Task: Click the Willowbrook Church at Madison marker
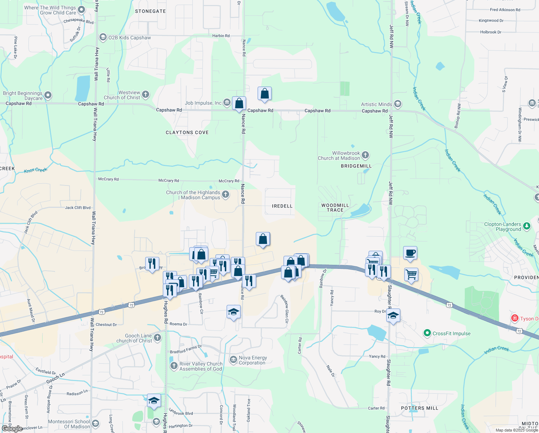coord(365,156)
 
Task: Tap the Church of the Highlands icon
coord(226,195)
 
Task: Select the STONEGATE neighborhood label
coord(150,11)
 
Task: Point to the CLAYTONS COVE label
coord(187,132)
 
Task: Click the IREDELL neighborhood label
coord(282,206)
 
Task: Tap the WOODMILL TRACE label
coord(335,207)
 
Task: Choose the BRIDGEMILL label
coord(356,166)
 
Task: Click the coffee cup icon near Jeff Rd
coord(410,253)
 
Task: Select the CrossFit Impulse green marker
coord(427,333)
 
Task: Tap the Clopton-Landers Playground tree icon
coord(527,226)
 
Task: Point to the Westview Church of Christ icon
coord(146,95)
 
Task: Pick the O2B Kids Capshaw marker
coord(103,38)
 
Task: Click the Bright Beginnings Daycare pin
coord(48,95)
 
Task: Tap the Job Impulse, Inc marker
coord(227,103)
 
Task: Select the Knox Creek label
coord(36,170)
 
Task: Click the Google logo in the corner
coord(12,428)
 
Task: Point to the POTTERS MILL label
coord(419,408)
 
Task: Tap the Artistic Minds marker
coord(397,104)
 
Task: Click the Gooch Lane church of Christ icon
coord(157,338)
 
